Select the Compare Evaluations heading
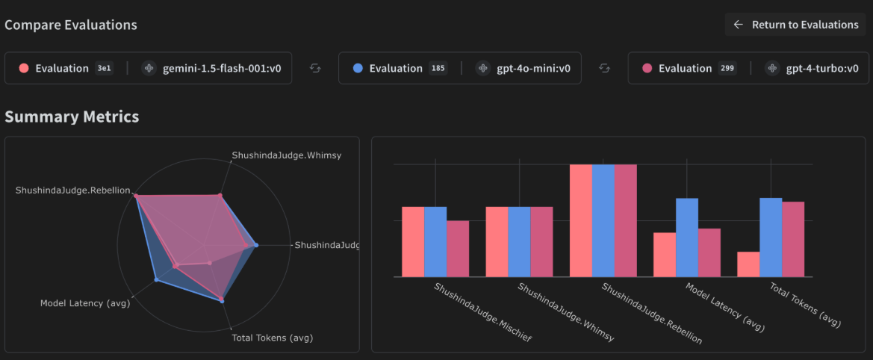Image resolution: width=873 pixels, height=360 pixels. coord(71,25)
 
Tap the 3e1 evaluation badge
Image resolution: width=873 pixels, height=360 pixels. coord(104,68)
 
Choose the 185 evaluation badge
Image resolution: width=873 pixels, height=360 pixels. coord(438,68)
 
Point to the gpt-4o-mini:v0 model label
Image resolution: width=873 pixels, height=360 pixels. coord(533,68)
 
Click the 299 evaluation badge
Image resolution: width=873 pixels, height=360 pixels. coord(727,68)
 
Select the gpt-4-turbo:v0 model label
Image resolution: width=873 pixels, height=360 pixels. coord(821,68)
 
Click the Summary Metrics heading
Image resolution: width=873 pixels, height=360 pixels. coord(72,117)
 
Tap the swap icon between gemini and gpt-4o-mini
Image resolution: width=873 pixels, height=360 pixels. coord(315,68)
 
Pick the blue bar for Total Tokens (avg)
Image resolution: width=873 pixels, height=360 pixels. coord(771,238)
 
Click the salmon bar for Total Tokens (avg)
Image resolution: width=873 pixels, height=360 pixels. coord(748,264)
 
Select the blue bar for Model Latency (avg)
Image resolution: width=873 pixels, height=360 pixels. coord(687,238)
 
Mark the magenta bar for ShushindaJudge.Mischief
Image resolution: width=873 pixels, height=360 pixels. coord(458,249)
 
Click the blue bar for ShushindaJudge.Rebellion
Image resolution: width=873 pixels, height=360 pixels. coord(603,220)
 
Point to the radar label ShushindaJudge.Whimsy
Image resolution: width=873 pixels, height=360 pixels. coord(286,155)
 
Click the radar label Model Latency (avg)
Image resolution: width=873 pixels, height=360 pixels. coord(85,303)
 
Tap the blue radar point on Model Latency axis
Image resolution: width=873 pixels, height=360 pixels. coord(156,279)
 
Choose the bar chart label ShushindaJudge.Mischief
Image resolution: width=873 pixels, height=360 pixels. coord(473,311)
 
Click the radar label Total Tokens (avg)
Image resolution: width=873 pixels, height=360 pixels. coord(272,338)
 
